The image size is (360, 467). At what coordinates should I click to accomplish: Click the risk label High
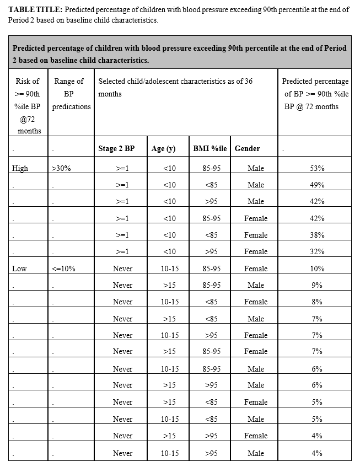(20, 168)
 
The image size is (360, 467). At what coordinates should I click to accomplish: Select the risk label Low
(19, 269)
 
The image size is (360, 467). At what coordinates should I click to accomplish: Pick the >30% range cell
(61, 168)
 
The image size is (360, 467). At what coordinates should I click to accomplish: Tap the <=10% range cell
(63, 269)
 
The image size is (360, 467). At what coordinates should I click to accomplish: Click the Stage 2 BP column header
(116, 148)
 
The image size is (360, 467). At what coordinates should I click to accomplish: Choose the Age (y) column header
(163, 148)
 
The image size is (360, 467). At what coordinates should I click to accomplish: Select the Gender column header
(247, 148)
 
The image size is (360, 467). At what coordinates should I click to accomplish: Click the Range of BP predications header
(71, 94)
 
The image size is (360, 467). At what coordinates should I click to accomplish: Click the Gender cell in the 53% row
(255, 168)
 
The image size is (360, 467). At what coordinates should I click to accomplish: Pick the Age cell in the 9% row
(169, 285)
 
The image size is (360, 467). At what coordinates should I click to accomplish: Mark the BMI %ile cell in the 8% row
(211, 302)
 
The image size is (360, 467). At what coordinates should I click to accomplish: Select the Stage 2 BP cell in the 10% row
(122, 269)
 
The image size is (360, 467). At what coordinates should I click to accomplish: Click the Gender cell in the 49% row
(255, 185)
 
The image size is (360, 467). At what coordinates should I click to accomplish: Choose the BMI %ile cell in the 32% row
(211, 251)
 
